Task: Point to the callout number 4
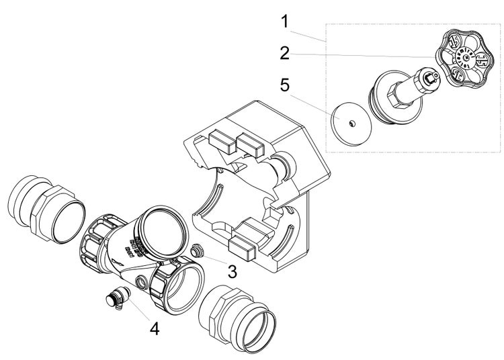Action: pos(155,329)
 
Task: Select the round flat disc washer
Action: pos(352,123)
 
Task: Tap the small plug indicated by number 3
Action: pos(198,252)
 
